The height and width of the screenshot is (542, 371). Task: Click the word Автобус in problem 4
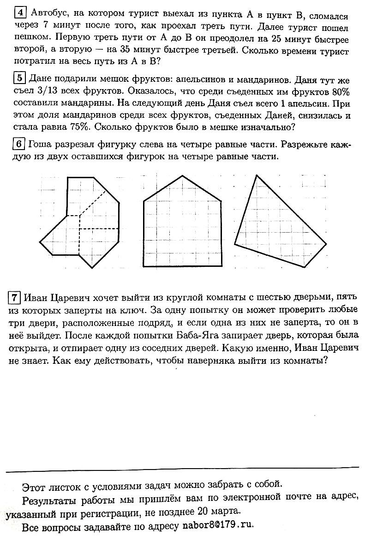tap(48, 15)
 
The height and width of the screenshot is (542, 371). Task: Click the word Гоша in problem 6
tap(39, 144)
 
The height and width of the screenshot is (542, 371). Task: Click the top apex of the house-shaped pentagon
tap(183, 175)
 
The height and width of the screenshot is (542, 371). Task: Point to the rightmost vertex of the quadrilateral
tap(326, 244)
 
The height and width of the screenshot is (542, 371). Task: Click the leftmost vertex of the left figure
tap(40, 241)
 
